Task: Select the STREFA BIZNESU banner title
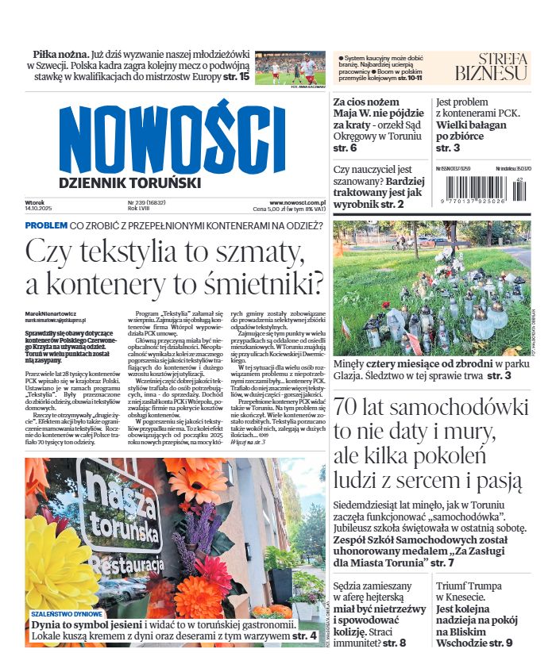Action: click(x=491, y=67)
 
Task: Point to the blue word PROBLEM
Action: click(x=45, y=225)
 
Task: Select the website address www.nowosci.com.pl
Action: click(x=295, y=202)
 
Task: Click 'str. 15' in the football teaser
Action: click(x=236, y=78)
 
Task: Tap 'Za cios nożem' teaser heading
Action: click(x=365, y=102)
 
